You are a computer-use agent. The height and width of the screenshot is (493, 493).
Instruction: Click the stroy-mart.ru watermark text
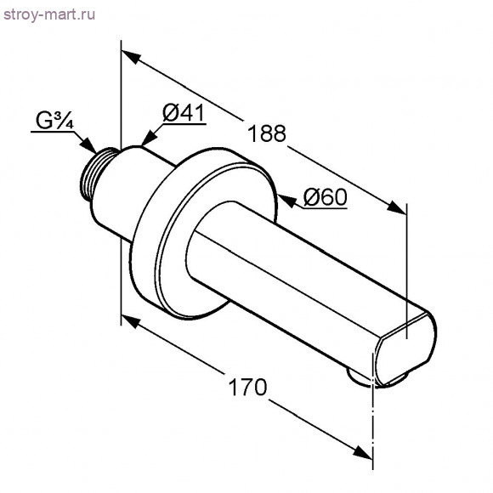[x=49, y=15]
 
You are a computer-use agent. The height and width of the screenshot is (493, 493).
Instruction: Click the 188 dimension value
[x=267, y=133]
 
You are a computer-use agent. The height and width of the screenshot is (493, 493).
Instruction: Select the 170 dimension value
[x=247, y=387]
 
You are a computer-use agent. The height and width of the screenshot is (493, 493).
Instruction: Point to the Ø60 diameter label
[x=326, y=197]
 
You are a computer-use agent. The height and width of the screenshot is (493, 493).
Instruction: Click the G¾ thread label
[x=54, y=121]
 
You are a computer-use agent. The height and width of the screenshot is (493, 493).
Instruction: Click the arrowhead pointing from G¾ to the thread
[x=88, y=145]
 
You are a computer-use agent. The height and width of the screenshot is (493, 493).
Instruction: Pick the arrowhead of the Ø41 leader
[x=150, y=139]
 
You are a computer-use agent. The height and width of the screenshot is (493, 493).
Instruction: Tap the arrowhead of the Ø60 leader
[x=287, y=201]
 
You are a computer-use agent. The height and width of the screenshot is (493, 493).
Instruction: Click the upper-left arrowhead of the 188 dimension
[x=131, y=56]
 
